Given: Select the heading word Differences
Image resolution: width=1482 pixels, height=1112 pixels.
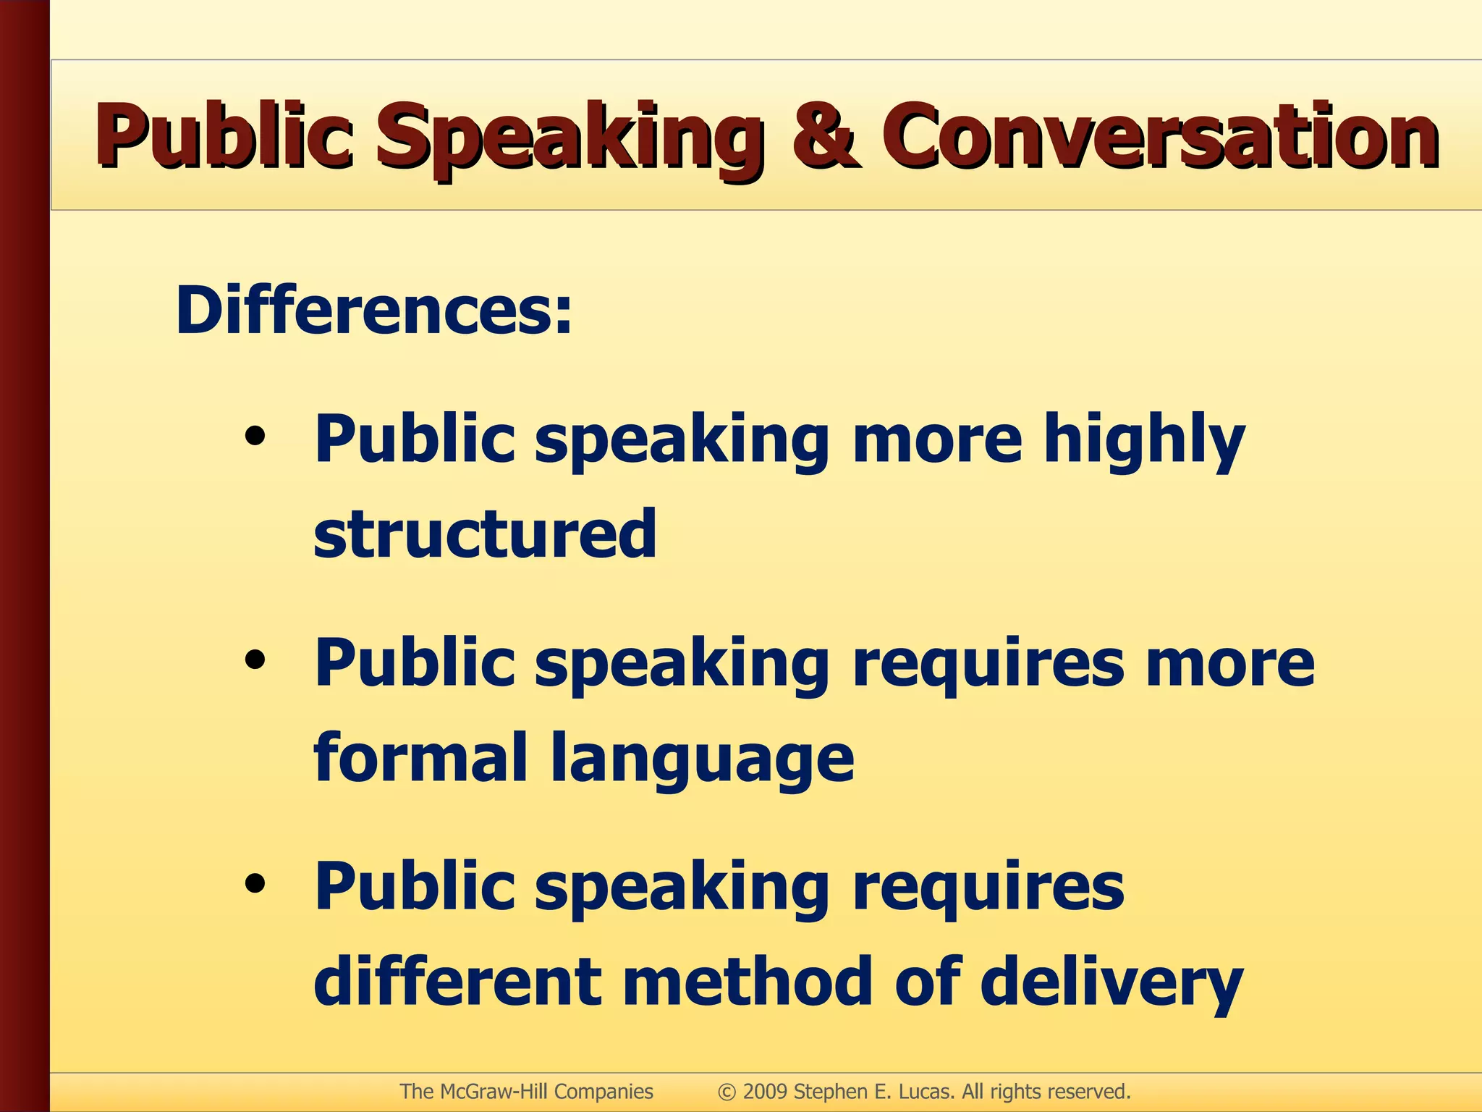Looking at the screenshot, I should click(373, 311).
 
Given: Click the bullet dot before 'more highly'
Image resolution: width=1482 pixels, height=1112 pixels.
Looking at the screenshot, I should click(255, 437).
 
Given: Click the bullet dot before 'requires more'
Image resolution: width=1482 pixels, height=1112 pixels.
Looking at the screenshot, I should click(255, 661).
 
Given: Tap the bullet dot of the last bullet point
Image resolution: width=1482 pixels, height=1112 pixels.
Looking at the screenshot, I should click(255, 885).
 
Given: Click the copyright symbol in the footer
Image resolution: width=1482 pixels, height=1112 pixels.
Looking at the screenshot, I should click(727, 1092).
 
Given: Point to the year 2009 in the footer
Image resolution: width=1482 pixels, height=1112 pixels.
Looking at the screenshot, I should click(765, 1092).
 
